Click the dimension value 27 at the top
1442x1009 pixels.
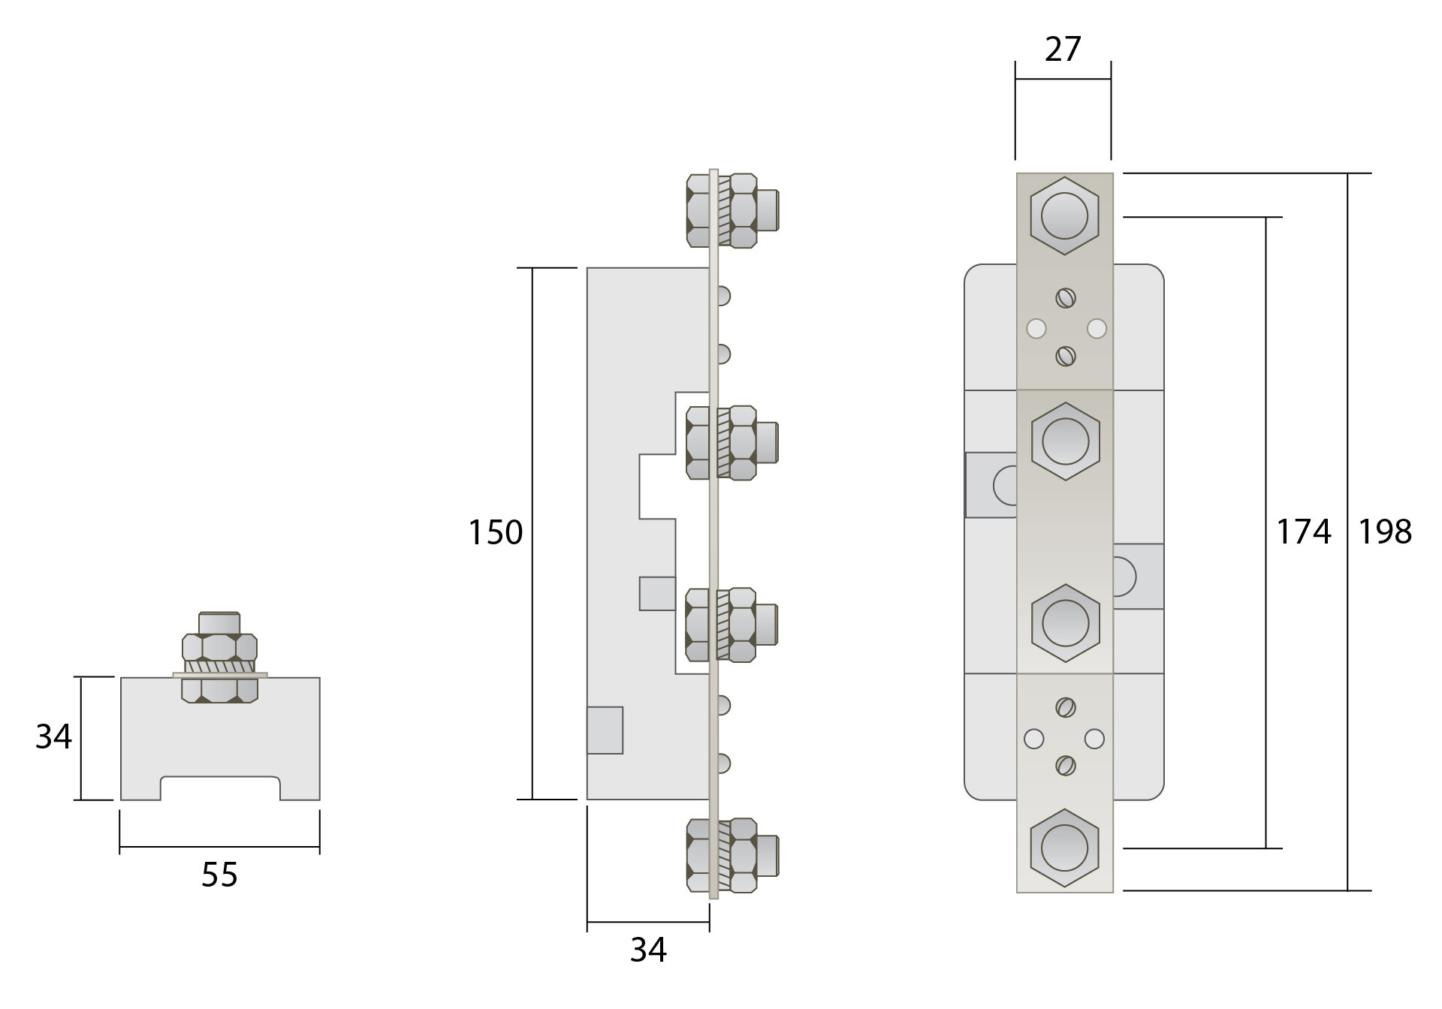pyautogui.click(x=1062, y=50)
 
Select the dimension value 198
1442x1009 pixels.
pyautogui.click(x=1385, y=532)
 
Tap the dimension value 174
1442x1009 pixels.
pyautogui.click(x=1304, y=532)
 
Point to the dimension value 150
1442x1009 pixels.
pyautogui.click(x=495, y=533)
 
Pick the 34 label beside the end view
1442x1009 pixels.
pyautogui.click(x=53, y=737)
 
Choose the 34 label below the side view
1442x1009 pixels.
pyautogui.click(x=647, y=950)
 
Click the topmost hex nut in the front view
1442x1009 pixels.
pyautogui.click(x=1064, y=216)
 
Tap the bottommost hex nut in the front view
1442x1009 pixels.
pyautogui.click(x=1064, y=850)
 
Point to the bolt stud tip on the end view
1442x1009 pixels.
pyautogui.click(x=219, y=622)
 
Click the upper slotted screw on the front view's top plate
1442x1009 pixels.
pyautogui.click(x=1065, y=299)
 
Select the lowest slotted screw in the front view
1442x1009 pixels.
pyautogui.click(x=1065, y=766)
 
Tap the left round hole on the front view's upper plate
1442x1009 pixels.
pyautogui.click(x=1036, y=329)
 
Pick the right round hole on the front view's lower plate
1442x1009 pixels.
pyautogui.click(x=1095, y=739)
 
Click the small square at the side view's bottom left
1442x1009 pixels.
pyautogui.click(x=605, y=730)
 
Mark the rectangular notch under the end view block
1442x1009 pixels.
pyautogui.click(x=220, y=788)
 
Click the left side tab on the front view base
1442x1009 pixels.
pyautogui.click(x=990, y=485)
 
